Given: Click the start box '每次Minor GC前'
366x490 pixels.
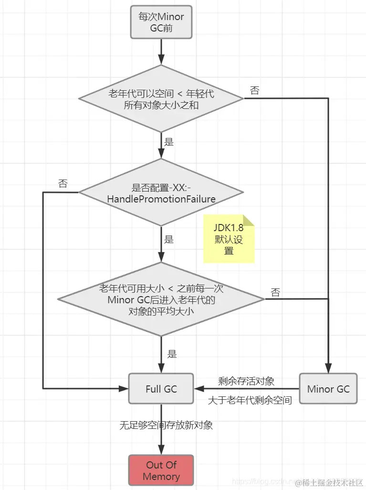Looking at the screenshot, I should [x=161, y=22].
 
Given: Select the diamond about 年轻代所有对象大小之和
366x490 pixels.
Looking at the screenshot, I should [x=161, y=99].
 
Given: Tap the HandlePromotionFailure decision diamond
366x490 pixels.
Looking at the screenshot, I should [x=161, y=193].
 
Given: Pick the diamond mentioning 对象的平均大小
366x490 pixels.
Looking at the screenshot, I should [x=161, y=299].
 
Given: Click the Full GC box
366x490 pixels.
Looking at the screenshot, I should [x=161, y=389].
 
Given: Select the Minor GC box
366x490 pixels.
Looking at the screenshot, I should [x=328, y=389].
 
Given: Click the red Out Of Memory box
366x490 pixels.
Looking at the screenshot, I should [x=161, y=470].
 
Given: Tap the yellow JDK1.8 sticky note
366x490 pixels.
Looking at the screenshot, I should [x=229, y=239].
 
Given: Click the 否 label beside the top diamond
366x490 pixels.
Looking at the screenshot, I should [x=255, y=91].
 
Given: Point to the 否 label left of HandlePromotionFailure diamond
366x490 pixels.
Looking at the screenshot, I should [x=63, y=184].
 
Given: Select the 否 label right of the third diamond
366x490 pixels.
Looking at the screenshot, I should [x=275, y=292].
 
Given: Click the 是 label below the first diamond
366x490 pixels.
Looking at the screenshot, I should [x=169, y=141].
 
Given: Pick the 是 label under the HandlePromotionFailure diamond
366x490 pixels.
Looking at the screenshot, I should [x=169, y=240].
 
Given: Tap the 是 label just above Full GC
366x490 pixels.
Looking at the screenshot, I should [x=172, y=354].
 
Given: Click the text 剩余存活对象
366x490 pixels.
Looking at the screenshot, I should [x=246, y=381].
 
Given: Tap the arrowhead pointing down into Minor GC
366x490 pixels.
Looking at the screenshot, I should [x=328, y=368].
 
